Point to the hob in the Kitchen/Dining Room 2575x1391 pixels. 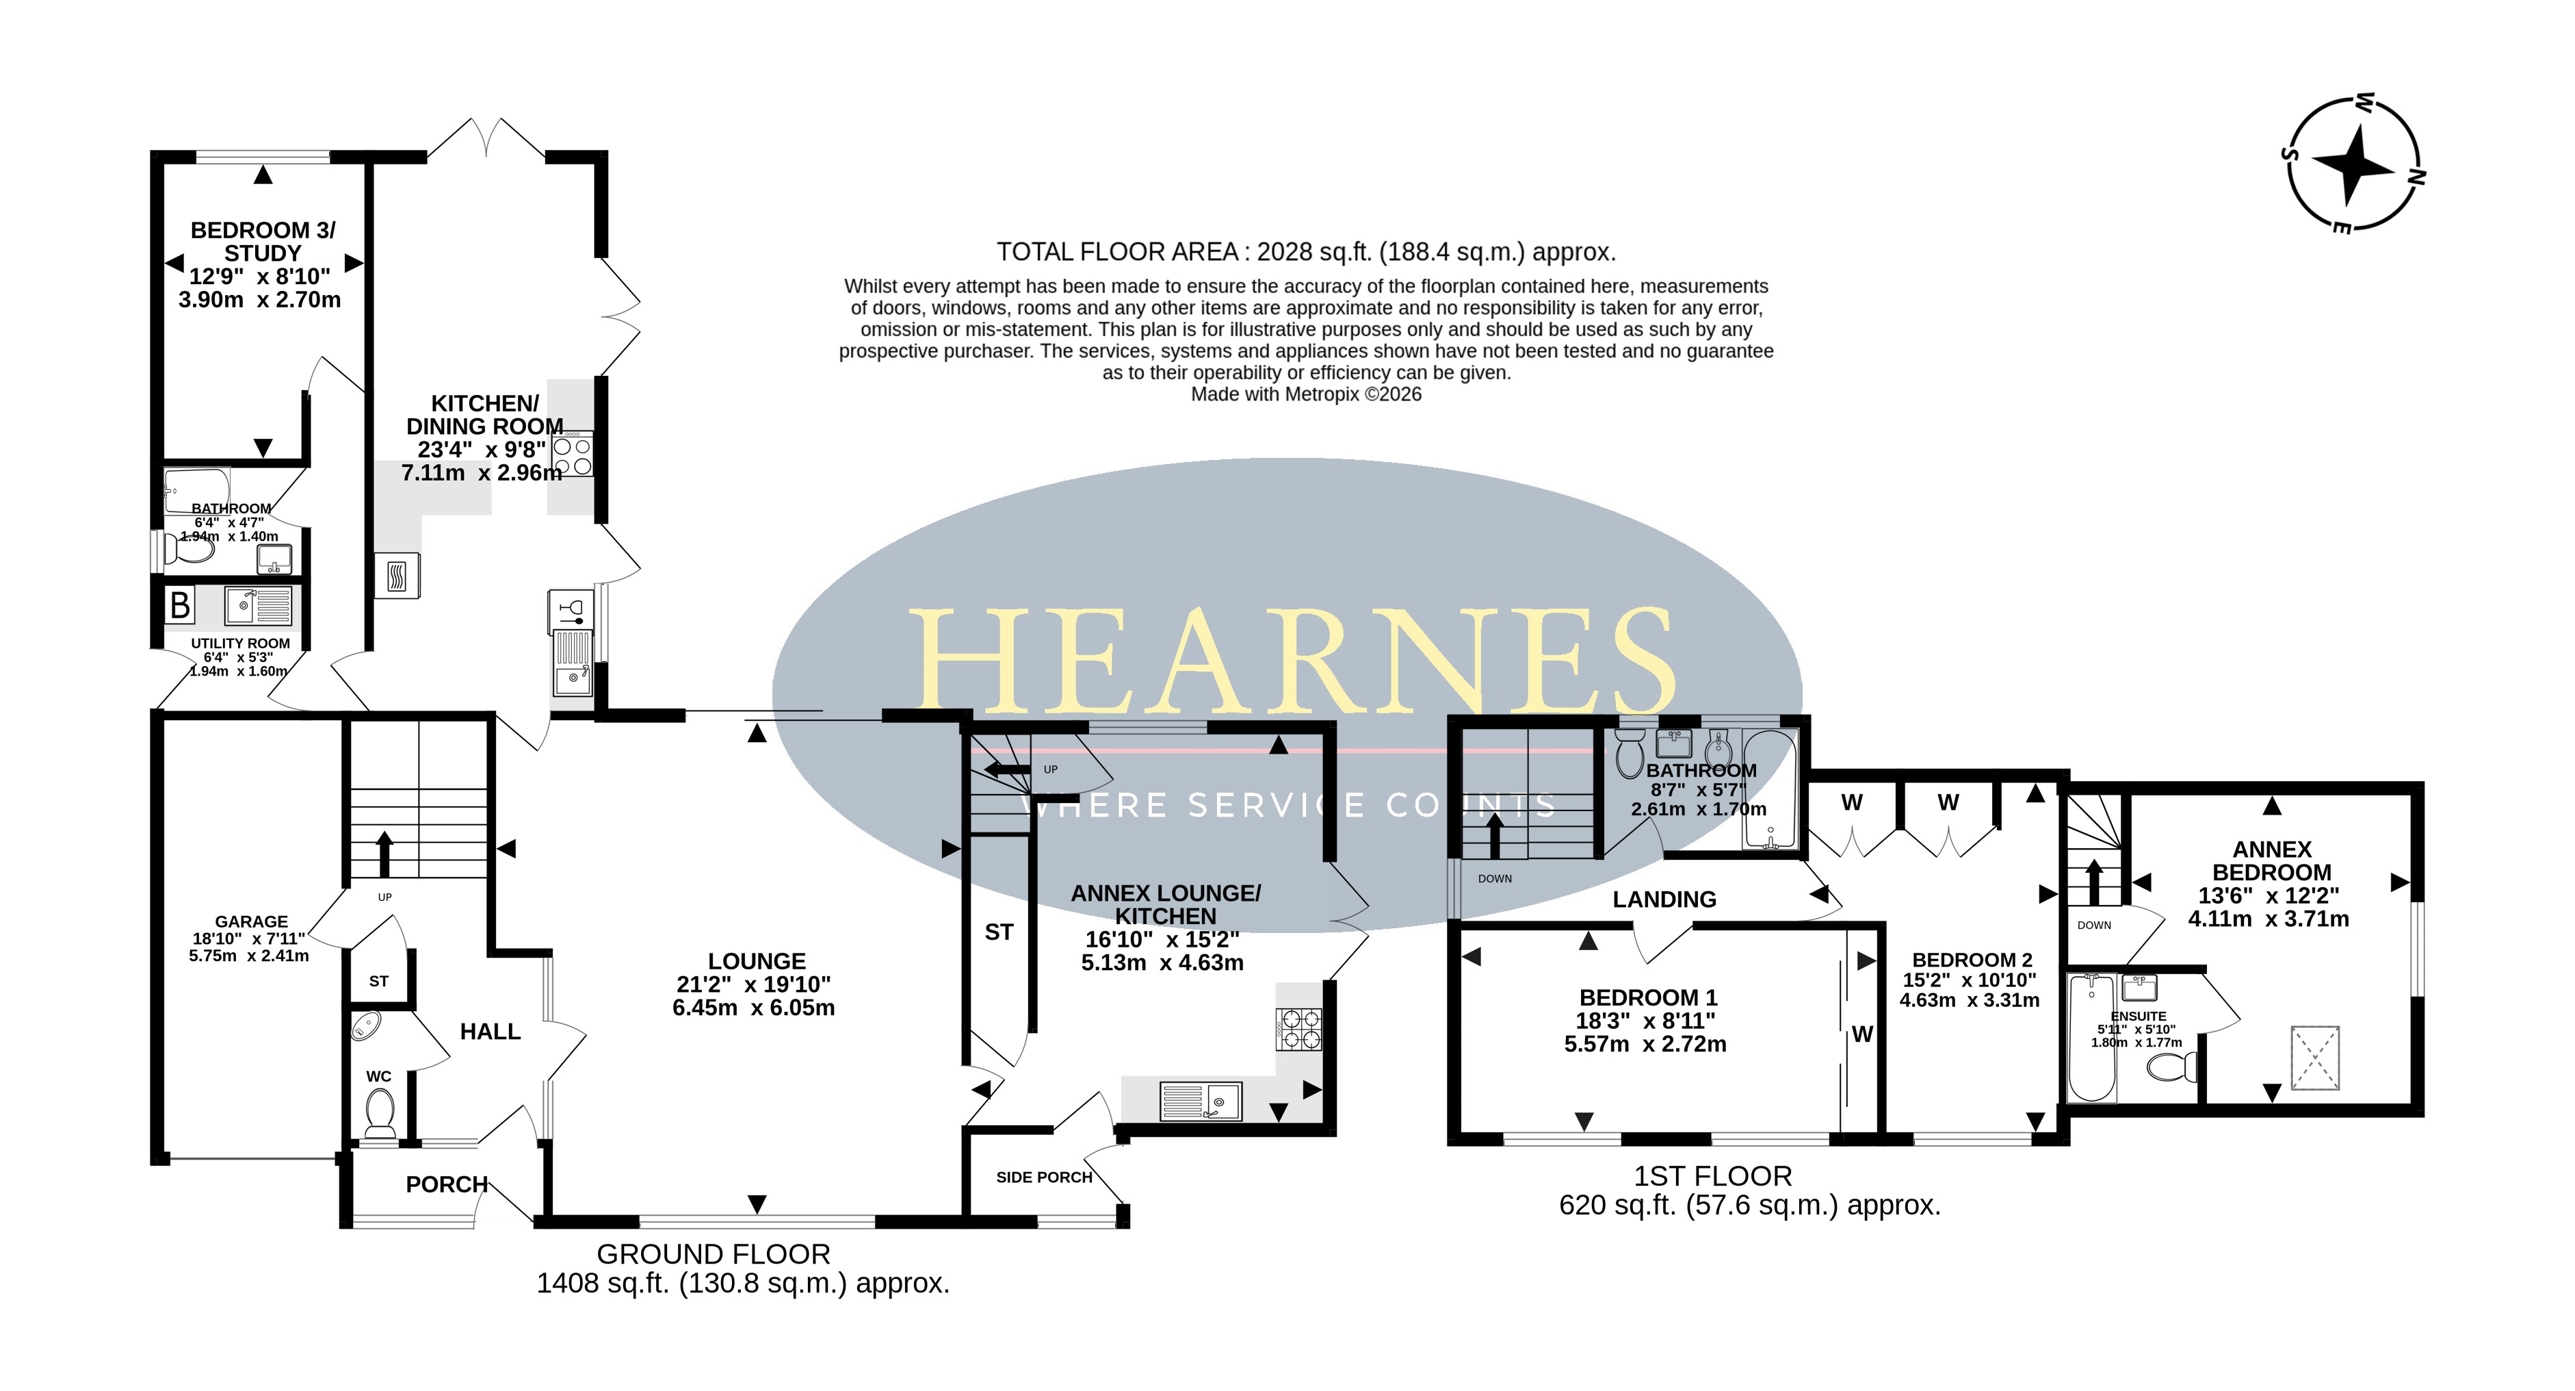point(573,455)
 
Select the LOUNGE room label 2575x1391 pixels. point(757,961)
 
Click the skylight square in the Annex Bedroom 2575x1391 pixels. point(2315,1057)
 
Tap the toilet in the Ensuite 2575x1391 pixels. point(2172,1067)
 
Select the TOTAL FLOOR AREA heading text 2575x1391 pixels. point(1305,252)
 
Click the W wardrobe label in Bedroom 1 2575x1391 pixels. point(1862,1035)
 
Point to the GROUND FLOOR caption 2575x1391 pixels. point(714,1254)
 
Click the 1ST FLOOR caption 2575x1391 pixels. point(1713,1176)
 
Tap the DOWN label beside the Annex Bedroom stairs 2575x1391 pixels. point(2094,925)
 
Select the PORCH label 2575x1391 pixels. point(447,1185)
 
